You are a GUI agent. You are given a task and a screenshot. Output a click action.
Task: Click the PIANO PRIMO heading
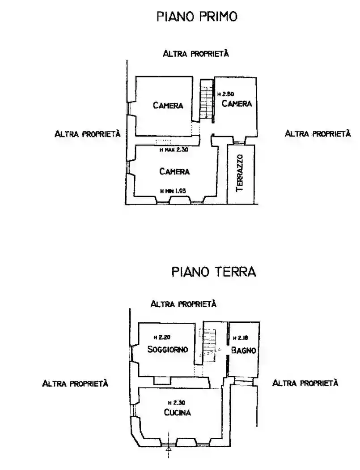click(x=196, y=17)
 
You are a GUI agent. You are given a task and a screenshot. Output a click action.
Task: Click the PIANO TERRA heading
click(x=214, y=272)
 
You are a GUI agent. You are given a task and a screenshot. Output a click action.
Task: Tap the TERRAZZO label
click(x=240, y=173)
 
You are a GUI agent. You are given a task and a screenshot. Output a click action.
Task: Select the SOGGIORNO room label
click(x=168, y=349)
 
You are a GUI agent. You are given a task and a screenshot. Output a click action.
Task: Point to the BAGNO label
click(x=244, y=350)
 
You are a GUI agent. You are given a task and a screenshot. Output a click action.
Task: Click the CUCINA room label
click(x=178, y=413)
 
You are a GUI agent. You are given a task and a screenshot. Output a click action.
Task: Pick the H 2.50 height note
click(x=225, y=94)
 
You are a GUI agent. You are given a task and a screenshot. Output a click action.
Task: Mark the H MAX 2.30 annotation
click(x=174, y=150)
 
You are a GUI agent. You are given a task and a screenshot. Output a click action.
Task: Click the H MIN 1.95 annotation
click(x=173, y=191)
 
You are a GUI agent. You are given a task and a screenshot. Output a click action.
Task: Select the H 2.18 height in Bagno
click(x=240, y=338)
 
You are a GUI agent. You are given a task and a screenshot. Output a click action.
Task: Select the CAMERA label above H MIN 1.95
click(x=174, y=171)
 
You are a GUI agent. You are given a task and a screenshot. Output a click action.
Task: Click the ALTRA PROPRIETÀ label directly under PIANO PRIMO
click(x=196, y=54)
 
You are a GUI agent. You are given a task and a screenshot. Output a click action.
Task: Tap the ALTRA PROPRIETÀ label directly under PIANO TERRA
click(x=184, y=304)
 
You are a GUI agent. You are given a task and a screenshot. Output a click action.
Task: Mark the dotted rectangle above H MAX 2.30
click(x=163, y=141)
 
